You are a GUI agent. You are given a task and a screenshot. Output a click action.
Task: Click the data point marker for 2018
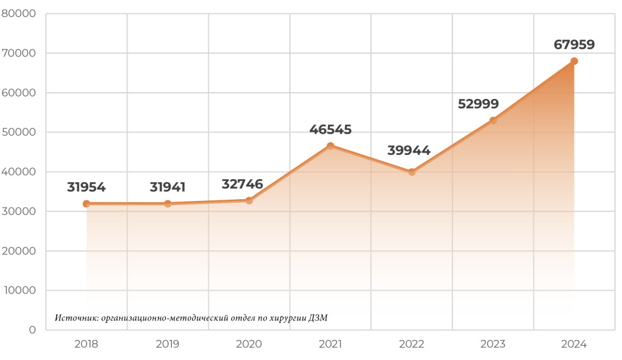pyautogui.click(x=86, y=204)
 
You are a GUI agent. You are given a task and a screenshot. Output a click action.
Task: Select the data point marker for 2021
pyautogui.click(x=330, y=146)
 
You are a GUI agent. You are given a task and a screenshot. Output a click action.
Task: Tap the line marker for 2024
pyautogui.click(x=574, y=61)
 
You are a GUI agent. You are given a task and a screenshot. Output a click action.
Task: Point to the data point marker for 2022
pyautogui.click(x=412, y=172)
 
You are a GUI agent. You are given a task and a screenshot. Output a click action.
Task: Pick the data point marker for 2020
pyautogui.click(x=249, y=200)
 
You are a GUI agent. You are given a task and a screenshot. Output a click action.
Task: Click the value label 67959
pyautogui.click(x=574, y=44)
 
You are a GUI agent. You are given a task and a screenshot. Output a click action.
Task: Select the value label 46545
pyautogui.click(x=330, y=129)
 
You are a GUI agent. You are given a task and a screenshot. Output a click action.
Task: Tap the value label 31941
pyautogui.click(x=168, y=187)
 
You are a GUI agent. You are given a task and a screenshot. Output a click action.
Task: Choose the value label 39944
pyautogui.click(x=409, y=151)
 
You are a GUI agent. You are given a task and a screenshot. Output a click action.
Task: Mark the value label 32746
pyautogui.click(x=242, y=184)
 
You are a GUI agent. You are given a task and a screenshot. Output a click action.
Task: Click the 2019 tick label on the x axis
pyautogui.click(x=168, y=344)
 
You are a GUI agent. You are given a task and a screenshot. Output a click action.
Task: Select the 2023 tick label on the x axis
pyautogui.click(x=493, y=344)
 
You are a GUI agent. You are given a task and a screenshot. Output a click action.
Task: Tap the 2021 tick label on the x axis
pyautogui.click(x=330, y=344)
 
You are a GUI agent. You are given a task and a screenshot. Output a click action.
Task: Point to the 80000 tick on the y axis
pyautogui.click(x=19, y=13)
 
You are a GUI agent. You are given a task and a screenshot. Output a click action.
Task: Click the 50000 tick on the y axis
pyautogui.click(x=19, y=132)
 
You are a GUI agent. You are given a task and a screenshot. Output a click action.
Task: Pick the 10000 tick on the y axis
pyautogui.click(x=19, y=290)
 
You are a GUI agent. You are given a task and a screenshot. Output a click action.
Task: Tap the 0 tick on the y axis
pyautogui.click(x=32, y=330)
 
